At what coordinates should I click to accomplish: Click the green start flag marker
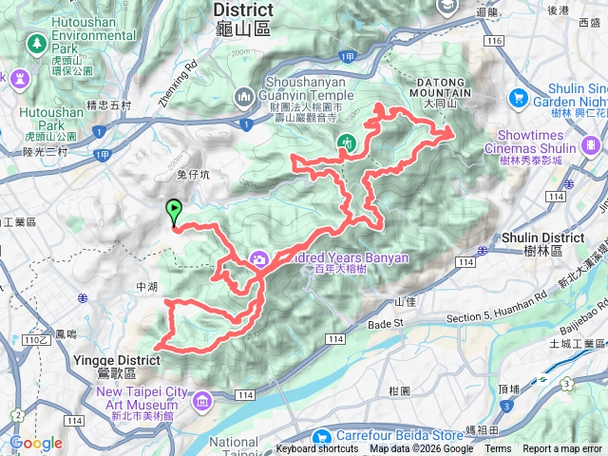[174, 211]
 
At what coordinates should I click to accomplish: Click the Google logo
[36, 444]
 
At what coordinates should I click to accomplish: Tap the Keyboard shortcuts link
[317, 449]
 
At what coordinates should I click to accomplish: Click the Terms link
[498, 449]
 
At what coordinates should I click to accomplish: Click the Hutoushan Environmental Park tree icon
[37, 43]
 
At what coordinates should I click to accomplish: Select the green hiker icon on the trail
[346, 143]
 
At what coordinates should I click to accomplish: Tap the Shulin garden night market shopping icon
[519, 97]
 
